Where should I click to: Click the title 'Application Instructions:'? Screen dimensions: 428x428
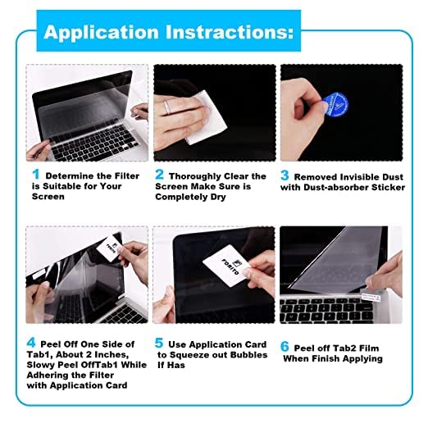point(167,32)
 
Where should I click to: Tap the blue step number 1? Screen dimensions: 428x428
point(35,175)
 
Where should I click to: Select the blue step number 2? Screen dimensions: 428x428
point(160,175)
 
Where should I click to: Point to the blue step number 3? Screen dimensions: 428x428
point(285,175)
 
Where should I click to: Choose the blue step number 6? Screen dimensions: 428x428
point(285,346)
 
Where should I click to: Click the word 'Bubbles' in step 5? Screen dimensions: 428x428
point(247,355)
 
